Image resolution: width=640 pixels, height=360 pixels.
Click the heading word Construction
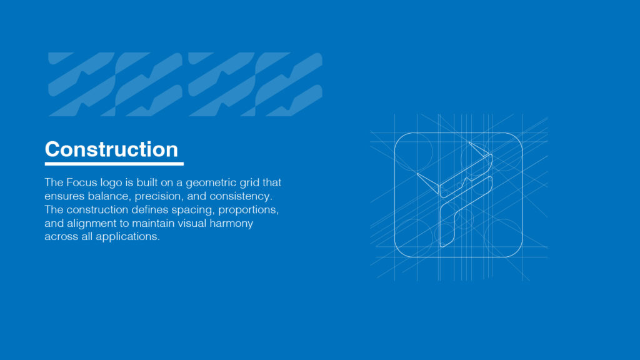click(111, 150)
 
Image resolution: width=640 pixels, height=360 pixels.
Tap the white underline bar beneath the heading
click(114, 164)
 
